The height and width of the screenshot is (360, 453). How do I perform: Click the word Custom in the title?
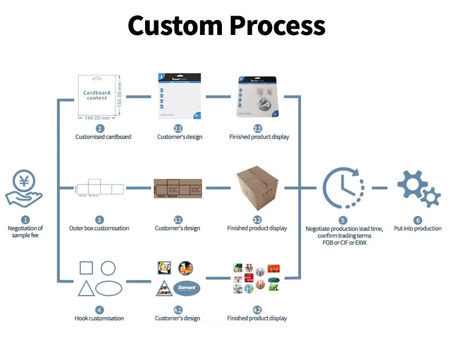pyautogui.click(x=174, y=26)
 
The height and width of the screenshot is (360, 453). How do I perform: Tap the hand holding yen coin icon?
pyautogui.click(x=25, y=189)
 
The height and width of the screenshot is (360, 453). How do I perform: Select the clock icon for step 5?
pyautogui.click(x=343, y=188)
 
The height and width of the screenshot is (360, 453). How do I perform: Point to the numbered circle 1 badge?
pyautogui.click(x=25, y=220)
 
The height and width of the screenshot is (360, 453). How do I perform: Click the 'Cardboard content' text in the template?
pyautogui.click(x=97, y=95)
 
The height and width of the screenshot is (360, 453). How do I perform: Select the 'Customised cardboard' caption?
pyautogui.click(x=103, y=137)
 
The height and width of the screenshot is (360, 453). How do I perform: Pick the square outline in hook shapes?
pyautogui.click(x=86, y=268)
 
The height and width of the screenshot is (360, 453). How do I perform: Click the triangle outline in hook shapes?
pyautogui.click(x=86, y=288)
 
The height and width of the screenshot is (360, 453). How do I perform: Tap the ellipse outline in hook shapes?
pyautogui.click(x=108, y=288)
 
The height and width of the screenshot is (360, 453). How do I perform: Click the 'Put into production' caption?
pyautogui.click(x=418, y=228)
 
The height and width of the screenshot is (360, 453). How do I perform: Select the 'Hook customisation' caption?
pyautogui.click(x=99, y=318)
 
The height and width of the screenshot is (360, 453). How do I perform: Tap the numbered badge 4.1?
pyautogui.click(x=178, y=310)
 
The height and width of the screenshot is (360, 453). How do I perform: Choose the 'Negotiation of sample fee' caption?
pyautogui.click(x=25, y=232)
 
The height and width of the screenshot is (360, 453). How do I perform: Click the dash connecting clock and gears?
pyautogui.click(x=379, y=188)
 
